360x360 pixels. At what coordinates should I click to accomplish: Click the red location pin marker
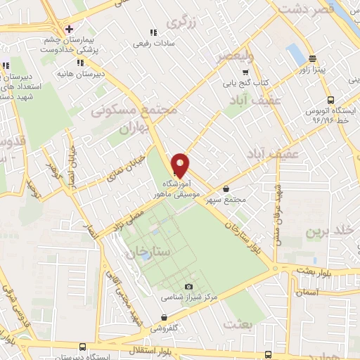tap(180, 165)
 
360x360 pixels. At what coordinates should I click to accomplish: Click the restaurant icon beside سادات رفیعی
tap(153, 32)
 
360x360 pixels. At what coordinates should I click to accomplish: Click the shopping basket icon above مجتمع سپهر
tap(226, 188)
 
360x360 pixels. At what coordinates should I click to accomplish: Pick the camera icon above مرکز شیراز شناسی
tap(188, 286)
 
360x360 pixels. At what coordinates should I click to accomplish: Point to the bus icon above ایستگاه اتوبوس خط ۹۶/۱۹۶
tap(330, 99)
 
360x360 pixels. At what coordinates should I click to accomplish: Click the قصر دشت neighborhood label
tap(303, 10)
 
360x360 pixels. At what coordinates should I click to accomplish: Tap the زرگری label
tap(180, 22)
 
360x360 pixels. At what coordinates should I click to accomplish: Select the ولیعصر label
tap(231, 54)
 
